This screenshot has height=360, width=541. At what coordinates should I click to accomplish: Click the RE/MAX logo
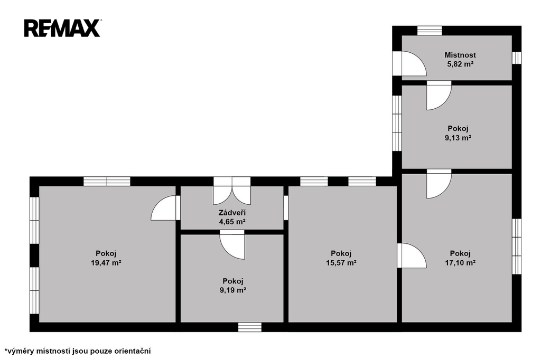[62, 29]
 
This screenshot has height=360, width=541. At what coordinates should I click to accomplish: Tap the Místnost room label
[460, 55]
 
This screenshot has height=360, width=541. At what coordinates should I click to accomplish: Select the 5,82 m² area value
[460, 64]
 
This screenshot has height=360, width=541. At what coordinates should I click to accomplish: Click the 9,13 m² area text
[458, 138]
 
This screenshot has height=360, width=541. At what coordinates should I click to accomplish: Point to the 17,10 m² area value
[460, 263]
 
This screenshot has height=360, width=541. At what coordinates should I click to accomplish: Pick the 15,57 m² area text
[341, 263]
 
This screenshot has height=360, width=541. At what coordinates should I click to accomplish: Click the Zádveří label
[232, 213]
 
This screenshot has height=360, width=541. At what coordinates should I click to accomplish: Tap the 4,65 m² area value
[232, 222]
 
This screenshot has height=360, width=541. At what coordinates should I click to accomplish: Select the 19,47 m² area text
[106, 263]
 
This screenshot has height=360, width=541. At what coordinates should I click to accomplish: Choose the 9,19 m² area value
[232, 290]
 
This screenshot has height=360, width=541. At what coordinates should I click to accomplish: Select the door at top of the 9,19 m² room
[232, 245]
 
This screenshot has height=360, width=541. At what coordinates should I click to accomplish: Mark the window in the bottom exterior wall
[250, 327]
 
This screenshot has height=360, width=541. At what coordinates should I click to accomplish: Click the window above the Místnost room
[430, 31]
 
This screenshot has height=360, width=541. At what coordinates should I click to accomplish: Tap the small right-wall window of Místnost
[517, 58]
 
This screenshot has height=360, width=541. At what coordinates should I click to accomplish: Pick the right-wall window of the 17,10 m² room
[517, 247]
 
